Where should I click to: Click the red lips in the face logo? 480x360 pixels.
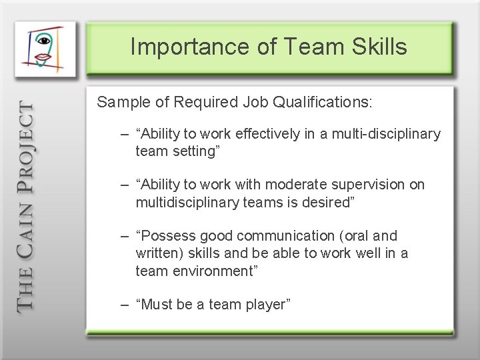[x=43, y=58]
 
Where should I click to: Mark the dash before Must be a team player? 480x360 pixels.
[x=125, y=305]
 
